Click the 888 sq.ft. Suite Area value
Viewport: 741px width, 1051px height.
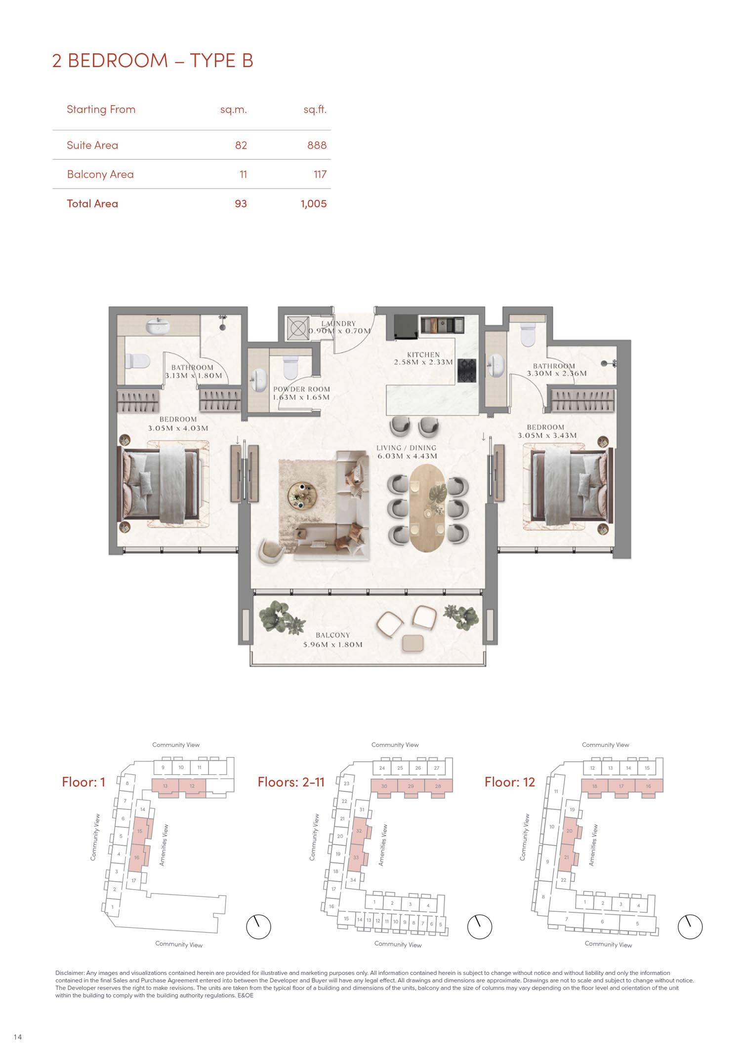pyautogui.click(x=317, y=145)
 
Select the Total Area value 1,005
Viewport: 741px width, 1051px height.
pyautogui.click(x=314, y=204)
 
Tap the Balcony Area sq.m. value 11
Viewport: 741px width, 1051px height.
pyautogui.click(x=243, y=174)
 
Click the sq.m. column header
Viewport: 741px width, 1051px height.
pyautogui.click(x=234, y=110)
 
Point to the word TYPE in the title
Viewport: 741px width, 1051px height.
pyautogui.click(x=212, y=61)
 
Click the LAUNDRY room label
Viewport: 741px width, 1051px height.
pyautogui.click(x=338, y=323)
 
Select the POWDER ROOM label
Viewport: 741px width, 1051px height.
pyautogui.click(x=301, y=389)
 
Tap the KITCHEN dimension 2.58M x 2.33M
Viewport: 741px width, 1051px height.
pyautogui.click(x=423, y=362)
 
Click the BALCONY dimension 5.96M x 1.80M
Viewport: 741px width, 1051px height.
pyautogui.click(x=333, y=644)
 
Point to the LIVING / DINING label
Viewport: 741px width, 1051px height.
pyautogui.click(x=407, y=448)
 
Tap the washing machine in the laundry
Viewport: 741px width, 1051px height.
pyautogui.click(x=298, y=328)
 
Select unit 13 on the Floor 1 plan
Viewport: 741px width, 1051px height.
pyautogui.click(x=165, y=786)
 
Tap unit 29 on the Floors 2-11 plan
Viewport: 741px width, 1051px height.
pyautogui.click(x=411, y=786)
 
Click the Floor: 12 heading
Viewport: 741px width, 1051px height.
pyautogui.click(x=510, y=782)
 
